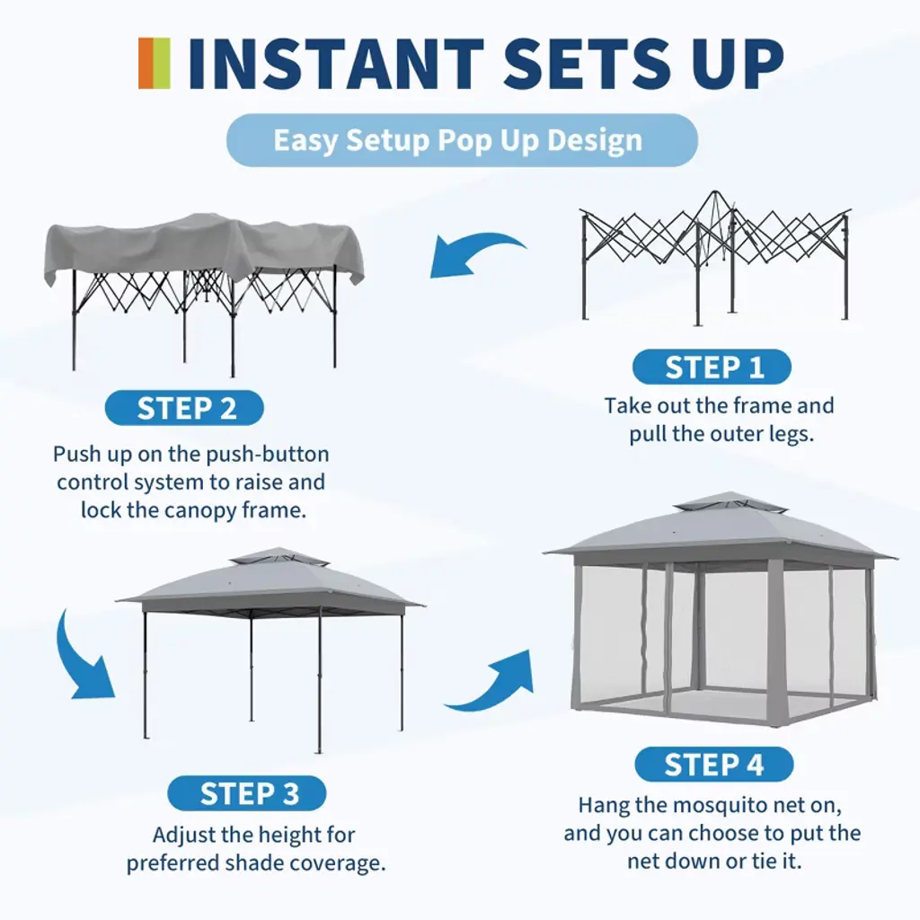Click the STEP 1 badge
pos(712,367)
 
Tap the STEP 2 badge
pos(184,408)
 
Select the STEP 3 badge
pos(247,793)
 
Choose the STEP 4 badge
pos(714,765)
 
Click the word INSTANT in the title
pos(335,64)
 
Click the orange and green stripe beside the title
pos(155,64)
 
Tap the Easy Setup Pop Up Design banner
pos(462,140)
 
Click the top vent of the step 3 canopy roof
pos(279,556)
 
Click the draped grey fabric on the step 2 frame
pos(203,246)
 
